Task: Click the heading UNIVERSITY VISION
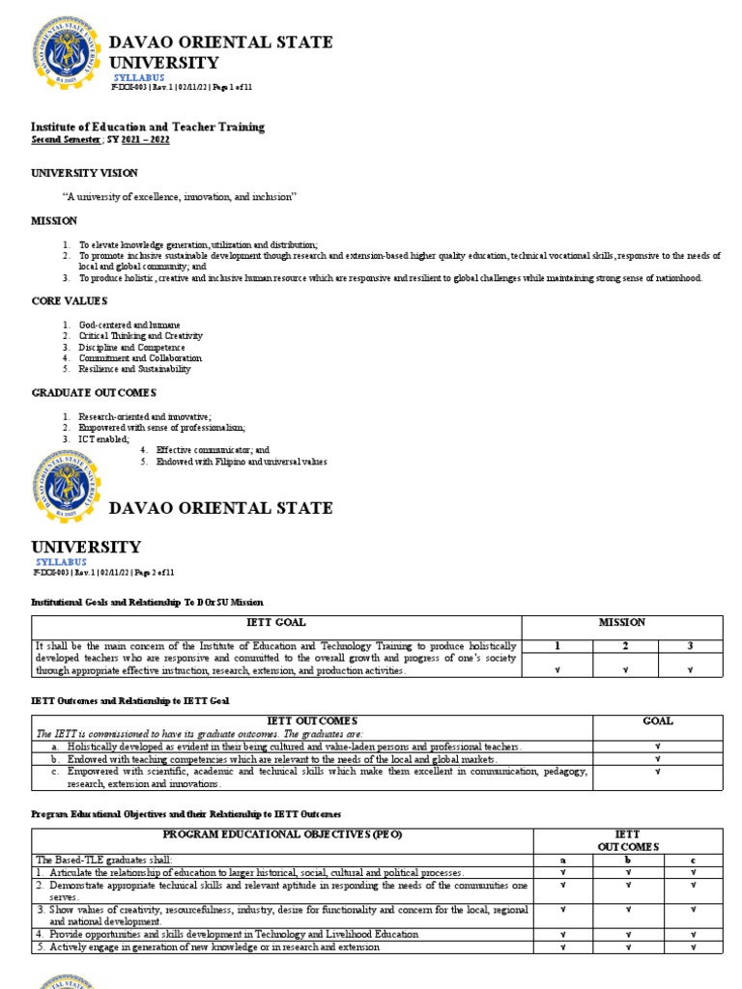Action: pos(85,173)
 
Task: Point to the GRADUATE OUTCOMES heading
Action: pos(94,392)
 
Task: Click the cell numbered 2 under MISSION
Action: pos(622,644)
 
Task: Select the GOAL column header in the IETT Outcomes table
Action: pos(657,721)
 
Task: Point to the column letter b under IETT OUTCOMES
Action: pos(627,860)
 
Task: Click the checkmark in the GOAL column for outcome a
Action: pos(657,747)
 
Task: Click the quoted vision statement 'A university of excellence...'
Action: pos(180,196)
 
